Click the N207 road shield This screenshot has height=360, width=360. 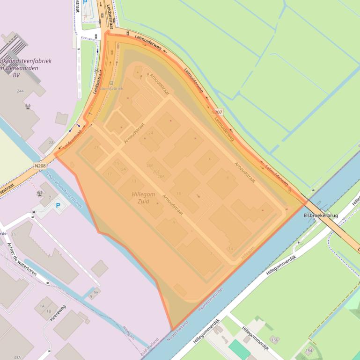coord(217,112)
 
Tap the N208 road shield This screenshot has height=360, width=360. coord(41,165)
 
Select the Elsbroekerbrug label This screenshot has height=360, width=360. coord(321,216)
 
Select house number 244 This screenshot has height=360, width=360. coord(20,91)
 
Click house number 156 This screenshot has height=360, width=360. coord(274,340)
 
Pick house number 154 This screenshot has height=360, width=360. coord(309,350)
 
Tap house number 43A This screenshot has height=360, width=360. coord(17,357)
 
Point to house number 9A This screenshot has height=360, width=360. coord(96,292)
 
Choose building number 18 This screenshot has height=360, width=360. coord(178,193)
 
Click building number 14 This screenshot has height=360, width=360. coord(230,248)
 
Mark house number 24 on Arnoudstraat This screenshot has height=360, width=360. coord(151,133)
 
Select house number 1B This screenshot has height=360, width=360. coord(49,310)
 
